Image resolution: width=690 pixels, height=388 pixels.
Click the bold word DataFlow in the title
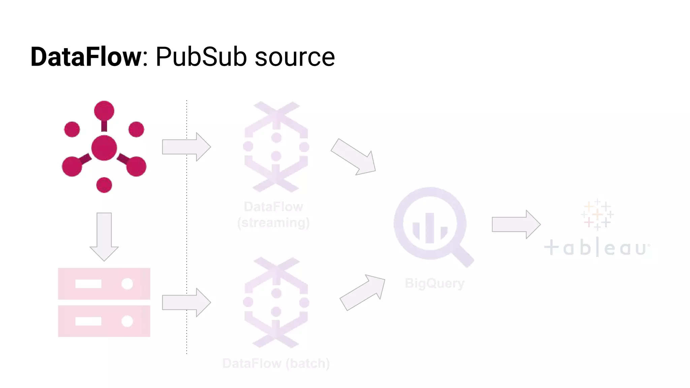86,57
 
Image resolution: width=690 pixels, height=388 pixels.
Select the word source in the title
295,57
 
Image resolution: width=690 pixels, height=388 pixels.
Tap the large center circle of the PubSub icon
104,148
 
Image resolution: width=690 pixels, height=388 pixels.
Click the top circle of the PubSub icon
104,110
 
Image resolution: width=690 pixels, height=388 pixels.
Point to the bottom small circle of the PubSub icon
104,185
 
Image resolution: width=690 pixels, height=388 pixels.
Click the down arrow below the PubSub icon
104,236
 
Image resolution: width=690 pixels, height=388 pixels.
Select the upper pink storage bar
104,284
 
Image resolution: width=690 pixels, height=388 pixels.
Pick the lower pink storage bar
104,321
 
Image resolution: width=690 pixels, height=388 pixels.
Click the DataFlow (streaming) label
273,215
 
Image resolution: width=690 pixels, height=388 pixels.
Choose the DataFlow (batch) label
276,363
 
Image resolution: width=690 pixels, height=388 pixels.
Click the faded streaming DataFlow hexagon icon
276,147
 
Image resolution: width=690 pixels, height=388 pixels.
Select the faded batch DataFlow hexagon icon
276,302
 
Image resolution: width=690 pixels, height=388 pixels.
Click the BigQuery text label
435,283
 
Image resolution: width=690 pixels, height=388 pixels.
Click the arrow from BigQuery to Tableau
516,224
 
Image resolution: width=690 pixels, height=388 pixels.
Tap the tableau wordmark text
596,248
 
